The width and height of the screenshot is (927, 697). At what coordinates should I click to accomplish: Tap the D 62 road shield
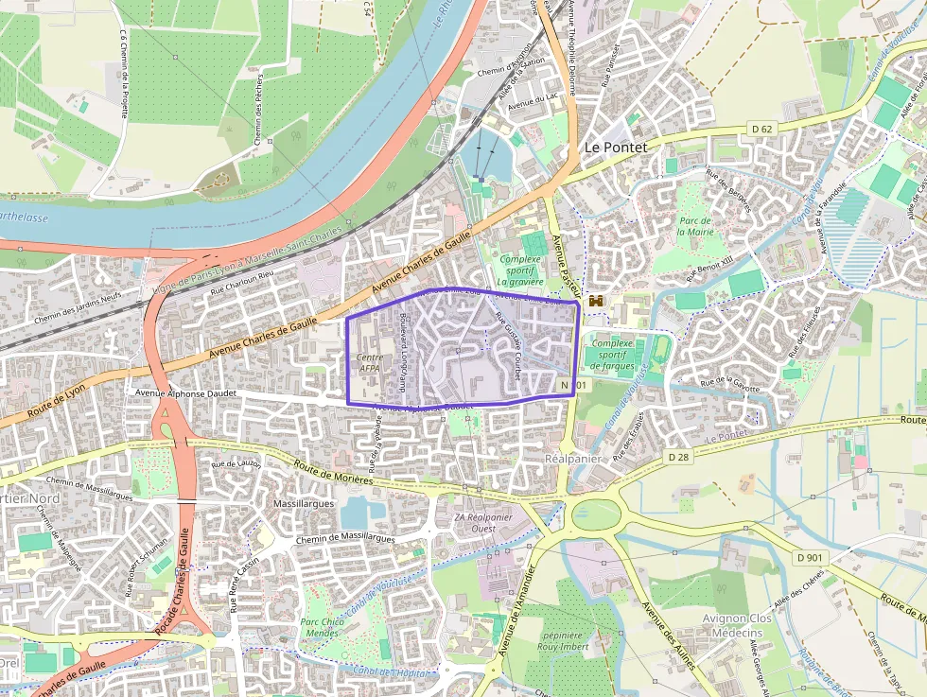762,128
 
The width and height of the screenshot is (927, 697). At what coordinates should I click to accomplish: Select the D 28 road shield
678,457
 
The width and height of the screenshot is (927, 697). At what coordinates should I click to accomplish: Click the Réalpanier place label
568,458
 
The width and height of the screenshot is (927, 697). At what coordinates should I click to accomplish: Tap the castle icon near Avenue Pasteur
596,301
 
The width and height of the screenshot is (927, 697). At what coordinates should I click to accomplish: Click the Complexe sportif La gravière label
520,270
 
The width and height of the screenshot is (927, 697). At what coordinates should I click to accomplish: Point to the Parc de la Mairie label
694,226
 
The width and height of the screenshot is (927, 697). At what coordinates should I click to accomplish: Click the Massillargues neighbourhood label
304,504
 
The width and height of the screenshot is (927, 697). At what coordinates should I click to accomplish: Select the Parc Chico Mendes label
322,627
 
